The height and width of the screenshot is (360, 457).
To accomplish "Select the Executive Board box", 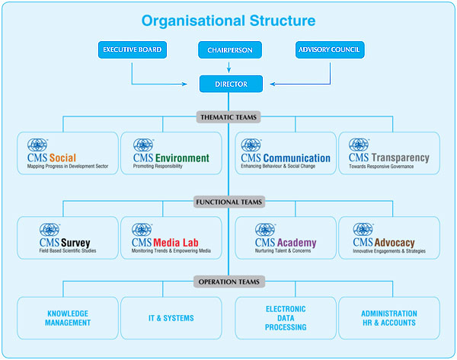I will (132, 51).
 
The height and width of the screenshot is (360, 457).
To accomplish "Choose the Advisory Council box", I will (330, 51).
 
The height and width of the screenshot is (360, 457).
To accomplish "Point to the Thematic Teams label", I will (228, 117).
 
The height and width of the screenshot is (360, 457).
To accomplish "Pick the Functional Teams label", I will (228, 202).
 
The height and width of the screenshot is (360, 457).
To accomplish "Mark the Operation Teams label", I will (228, 282).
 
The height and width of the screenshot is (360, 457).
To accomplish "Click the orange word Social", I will (62, 158).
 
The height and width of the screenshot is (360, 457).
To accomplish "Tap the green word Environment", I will (182, 158).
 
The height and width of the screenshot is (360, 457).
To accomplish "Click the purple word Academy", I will (296, 244).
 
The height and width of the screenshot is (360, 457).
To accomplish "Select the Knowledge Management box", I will (69, 317).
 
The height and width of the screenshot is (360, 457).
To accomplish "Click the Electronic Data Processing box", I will (286, 317).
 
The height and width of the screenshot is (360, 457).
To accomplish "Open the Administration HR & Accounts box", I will (389, 317).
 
